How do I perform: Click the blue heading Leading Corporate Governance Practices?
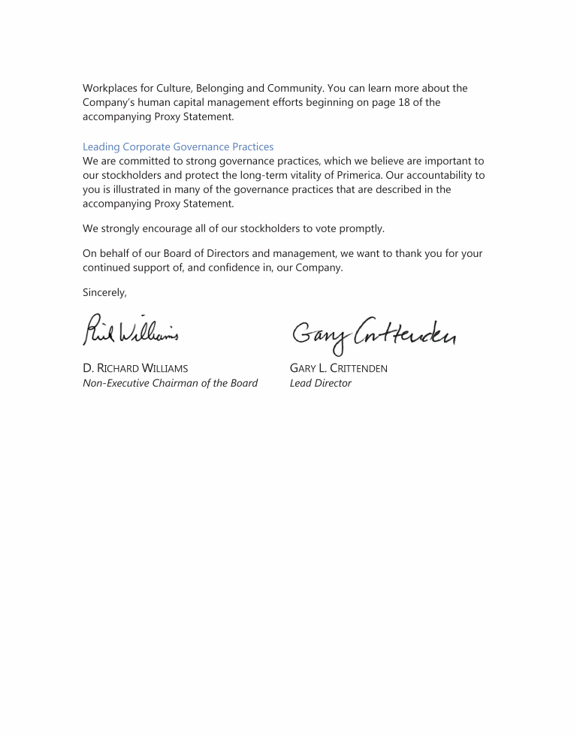point(178,147)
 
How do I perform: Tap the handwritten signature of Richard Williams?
point(131,329)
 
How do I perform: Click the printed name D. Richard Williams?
point(135,369)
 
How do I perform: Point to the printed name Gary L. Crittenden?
point(339,369)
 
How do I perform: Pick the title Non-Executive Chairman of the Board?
point(170,383)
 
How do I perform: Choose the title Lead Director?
point(320,383)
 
